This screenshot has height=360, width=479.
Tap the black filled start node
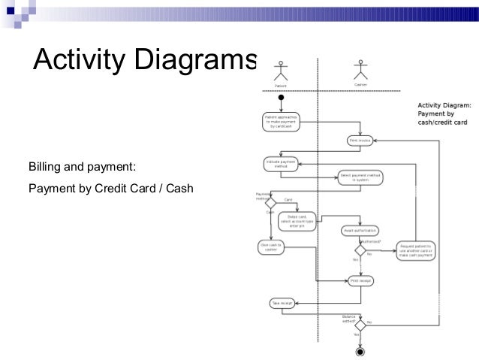pyautogui.click(x=281, y=97)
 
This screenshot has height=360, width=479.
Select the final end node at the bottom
pyautogui.click(x=360, y=350)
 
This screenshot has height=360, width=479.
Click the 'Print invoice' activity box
pyautogui.click(x=360, y=140)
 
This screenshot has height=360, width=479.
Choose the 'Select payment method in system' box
pyautogui.click(x=360, y=178)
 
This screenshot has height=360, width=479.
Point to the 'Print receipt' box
pyautogui.click(x=360, y=281)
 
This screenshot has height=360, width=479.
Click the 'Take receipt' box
pyautogui.click(x=281, y=303)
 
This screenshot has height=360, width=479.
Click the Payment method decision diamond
pyautogui.click(x=272, y=203)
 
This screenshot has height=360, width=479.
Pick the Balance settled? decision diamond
pyautogui.click(x=360, y=325)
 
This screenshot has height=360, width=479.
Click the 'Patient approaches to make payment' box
pyautogui.click(x=281, y=122)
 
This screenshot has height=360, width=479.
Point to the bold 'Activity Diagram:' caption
pyautogui.click(x=444, y=105)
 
